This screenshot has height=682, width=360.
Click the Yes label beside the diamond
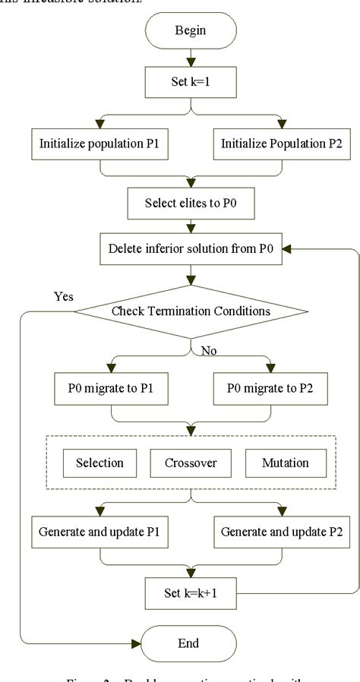click(65, 297)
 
